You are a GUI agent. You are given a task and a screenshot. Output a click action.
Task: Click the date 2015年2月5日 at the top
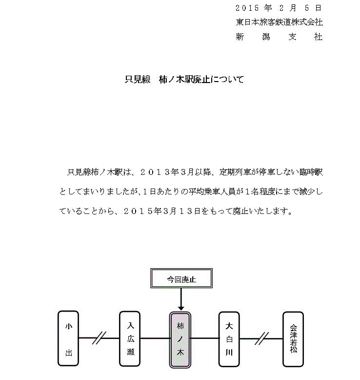click(x=279, y=8)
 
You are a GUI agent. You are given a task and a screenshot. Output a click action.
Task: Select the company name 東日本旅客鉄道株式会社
click(x=279, y=22)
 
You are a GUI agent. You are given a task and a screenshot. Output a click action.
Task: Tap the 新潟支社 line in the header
click(x=279, y=37)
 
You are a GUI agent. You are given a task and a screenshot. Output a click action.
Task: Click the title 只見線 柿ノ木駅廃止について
click(x=184, y=80)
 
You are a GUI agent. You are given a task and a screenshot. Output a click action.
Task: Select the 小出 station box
click(x=68, y=338)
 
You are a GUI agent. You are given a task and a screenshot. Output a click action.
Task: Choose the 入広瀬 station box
click(x=130, y=338)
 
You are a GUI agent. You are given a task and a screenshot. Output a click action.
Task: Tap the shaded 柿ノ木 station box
click(x=181, y=338)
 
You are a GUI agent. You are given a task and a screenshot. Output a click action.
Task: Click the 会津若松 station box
click(x=293, y=338)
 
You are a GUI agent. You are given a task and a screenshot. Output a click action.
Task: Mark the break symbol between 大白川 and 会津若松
click(x=263, y=338)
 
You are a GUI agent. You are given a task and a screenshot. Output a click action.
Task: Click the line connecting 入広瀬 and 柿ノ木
click(x=156, y=338)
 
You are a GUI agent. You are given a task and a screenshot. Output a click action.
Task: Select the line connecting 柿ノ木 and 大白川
click(x=205, y=338)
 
